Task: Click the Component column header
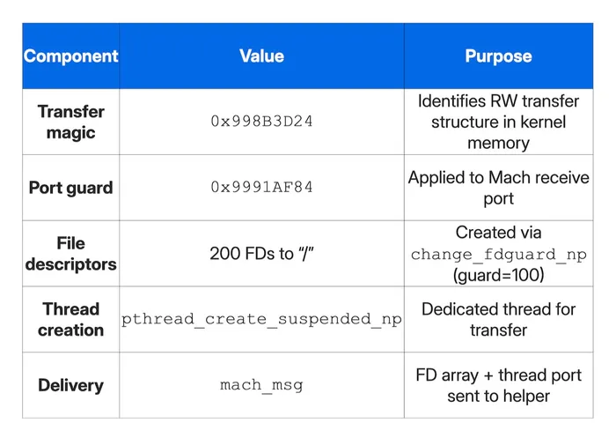[70, 56]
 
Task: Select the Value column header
[261, 56]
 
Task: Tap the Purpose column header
[498, 56]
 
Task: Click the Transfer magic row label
[70, 122]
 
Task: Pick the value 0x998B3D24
[261, 122]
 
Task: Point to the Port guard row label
[70, 188]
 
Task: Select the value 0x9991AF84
[261, 188]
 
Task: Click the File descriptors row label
[70, 253]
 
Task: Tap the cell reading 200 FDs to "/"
[261, 254]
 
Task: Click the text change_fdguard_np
[498, 255]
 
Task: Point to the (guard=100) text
[498, 276]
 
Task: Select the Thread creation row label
[70, 319]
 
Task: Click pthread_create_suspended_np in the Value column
[261, 320]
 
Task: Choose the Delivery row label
[70, 385]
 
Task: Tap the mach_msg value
[261, 386]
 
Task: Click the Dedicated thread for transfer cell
[498, 319]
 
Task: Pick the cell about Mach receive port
[498, 188]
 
